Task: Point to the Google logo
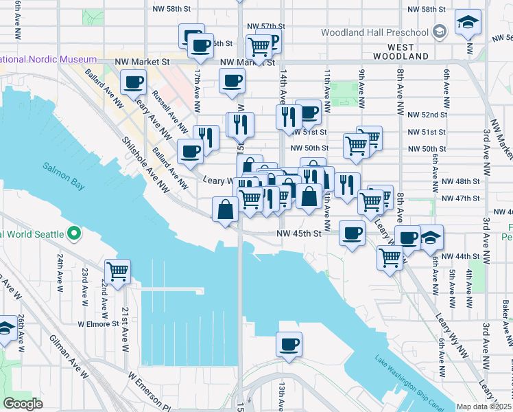pyautogui.click(x=23, y=404)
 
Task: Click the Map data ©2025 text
pyautogui.click(x=484, y=407)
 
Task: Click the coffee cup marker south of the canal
pyautogui.click(x=289, y=343)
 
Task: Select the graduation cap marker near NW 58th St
pyautogui.click(x=469, y=25)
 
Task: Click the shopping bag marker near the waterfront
pyautogui.click(x=226, y=209)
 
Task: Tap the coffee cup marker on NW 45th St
pyautogui.click(x=353, y=233)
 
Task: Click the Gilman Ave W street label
pyautogui.click(x=69, y=356)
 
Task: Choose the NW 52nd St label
pyautogui.click(x=426, y=115)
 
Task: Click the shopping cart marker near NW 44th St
pyautogui.click(x=390, y=258)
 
